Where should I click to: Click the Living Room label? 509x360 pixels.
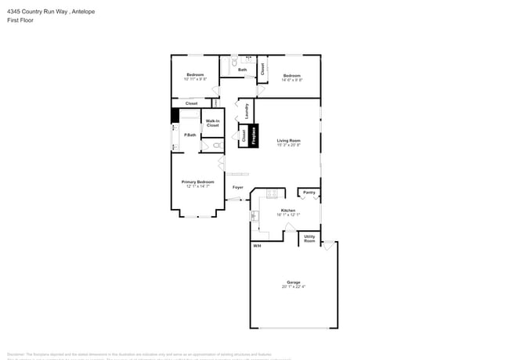tap(289, 140)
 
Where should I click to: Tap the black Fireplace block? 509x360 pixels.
tap(254, 135)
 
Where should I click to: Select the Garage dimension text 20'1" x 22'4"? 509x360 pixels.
tap(294, 286)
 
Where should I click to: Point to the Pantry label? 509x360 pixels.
tap(309, 192)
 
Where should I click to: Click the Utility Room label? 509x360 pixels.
tap(309, 238)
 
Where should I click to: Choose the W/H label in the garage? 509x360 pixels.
tap(256, 247)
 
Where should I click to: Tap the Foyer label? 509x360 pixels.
tap(238, 188)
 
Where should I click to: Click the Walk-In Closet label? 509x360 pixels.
tap(212, 124)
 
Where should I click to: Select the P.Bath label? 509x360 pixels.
tap(190, 135)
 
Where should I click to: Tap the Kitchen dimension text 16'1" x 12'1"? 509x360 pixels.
tap(288, 214)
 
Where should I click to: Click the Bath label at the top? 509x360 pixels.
tap(243, 70)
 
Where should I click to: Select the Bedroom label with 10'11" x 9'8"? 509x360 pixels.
tap(195, 74)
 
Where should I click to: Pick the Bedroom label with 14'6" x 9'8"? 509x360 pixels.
tap(291, 75)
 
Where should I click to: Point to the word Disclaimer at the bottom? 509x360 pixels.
tap(16, 354)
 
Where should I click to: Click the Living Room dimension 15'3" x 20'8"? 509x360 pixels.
tap(289, 145)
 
